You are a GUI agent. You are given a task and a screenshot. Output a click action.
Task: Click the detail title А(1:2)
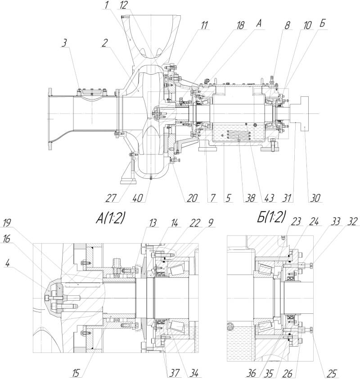[x=110, y=218]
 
